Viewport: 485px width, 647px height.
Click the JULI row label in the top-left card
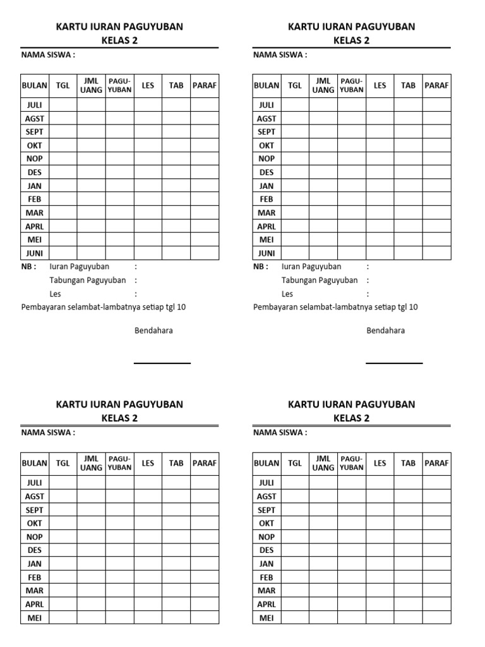pyautogui.click(x=34, y=105)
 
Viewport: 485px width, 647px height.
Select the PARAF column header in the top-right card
pyautogui.click(x=436, y=85)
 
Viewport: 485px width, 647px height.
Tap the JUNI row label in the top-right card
pyautogui.click(x=266, y=253)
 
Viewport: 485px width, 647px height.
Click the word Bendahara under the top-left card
pyautogui.click(x=153, y=330)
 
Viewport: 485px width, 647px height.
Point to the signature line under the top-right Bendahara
pyautogui.click(x=394, y=363)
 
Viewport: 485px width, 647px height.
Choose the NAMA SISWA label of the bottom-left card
pyautogui.click(x=48, y=433)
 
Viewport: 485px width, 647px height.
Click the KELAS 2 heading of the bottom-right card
pyautogui.click(x=351, y=418)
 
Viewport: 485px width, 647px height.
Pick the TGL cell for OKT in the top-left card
pyautogui.click(x=63, y=145)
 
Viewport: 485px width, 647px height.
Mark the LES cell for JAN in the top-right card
pyautogui.click(x=380, y=186)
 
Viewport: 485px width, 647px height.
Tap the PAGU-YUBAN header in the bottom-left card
pyautogui.click(x=119, y=463)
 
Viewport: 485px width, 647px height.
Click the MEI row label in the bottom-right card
pyautogui.click(x=266, y=618)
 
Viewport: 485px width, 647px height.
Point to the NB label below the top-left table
pyautogui.click(x=29, y=267)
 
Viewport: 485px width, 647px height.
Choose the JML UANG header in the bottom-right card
pyautogui.click(x=323, y=463)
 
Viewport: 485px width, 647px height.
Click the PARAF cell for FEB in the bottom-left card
pyautogui.click(x=205, y=577)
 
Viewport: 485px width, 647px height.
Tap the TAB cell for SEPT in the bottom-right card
pyautogui.click(x=408, y=510)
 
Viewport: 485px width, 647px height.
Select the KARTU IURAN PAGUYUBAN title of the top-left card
pyautogui.click(x=119, y=27)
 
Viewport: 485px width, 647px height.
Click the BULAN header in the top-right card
pyautogui.click(x=266, y=85)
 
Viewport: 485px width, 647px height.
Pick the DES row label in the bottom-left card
pyautogui.click(x=34, y=550)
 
